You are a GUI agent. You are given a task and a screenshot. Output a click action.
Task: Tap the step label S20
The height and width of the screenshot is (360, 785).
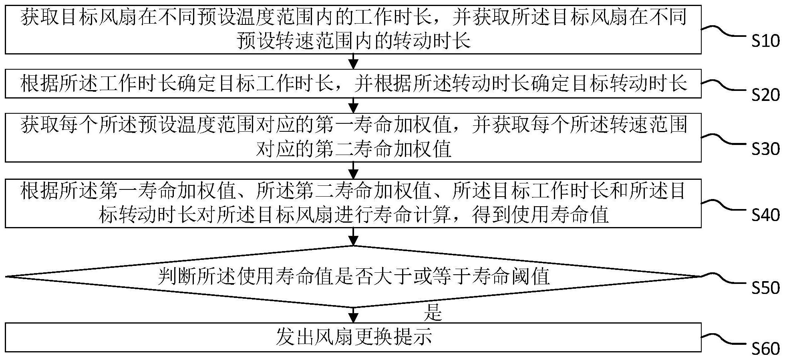pos(765,95)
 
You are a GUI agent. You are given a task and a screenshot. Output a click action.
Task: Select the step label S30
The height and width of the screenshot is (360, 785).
pos(765,149)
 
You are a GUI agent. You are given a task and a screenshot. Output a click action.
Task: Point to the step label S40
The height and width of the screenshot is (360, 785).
pos(765,215)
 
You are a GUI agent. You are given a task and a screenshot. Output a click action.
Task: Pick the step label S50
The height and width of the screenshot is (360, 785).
pos(765,288)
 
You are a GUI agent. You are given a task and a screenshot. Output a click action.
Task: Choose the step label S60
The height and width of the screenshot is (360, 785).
pos(765,349)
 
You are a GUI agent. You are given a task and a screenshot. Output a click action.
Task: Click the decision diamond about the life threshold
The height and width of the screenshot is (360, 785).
pos(353,276)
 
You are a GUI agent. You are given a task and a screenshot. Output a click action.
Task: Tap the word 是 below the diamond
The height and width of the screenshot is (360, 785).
pos(433,313)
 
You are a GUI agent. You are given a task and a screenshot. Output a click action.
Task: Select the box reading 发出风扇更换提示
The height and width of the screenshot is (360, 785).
pos(353,337)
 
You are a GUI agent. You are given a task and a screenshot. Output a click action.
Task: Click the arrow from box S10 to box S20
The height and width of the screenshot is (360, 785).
pos(353,61)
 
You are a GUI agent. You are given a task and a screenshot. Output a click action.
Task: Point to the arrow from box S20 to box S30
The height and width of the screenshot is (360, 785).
pos(353,105)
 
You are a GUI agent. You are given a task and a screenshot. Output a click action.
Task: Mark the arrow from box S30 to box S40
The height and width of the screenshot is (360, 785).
pos(353,170)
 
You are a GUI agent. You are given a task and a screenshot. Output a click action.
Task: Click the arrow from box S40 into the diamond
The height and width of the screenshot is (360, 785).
pos(353,236)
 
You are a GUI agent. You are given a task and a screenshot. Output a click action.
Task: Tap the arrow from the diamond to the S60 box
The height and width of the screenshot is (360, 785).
pos(353,315)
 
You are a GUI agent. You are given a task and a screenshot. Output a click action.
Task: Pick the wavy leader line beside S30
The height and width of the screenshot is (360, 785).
pos(725,140)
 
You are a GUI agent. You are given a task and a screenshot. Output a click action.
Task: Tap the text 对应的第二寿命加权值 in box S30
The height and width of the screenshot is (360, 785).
pos(353,149)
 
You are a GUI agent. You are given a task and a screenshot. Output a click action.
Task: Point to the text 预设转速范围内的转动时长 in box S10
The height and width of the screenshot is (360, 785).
pos(353,41)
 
